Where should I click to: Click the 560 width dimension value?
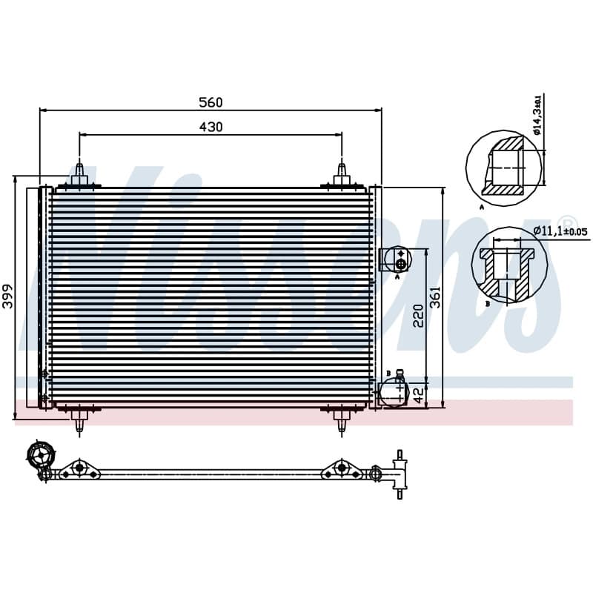coord(211,102)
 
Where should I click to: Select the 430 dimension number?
coord(211,127)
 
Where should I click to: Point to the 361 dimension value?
coord(436,297)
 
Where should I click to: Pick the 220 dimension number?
coord(418,316)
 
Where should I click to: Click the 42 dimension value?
coord(418,395)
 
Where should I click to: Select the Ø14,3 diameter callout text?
coord(537,115)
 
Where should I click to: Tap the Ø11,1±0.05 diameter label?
coord(560,231)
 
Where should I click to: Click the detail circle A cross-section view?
coord(505,168)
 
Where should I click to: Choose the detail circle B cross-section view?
coord(509,265)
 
